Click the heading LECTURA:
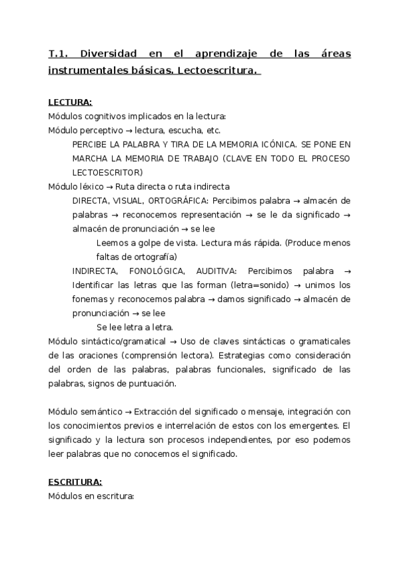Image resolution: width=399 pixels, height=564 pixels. (x=70, y=102)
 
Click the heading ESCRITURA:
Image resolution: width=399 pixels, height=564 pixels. (x=75, y=481)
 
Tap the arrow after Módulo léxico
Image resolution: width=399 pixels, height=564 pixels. (x=110, y=187)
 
